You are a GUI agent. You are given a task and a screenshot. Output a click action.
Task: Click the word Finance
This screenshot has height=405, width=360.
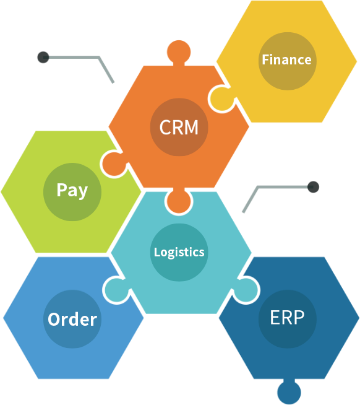(286, 59)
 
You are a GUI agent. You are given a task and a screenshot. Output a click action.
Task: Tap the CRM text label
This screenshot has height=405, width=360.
(179, 127)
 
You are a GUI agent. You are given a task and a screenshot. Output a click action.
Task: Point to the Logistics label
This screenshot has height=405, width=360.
(179, 252)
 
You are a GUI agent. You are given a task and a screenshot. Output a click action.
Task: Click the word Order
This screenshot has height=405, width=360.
(72, 320)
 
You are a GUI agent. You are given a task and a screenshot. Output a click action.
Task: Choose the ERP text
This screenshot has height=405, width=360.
(287, 318)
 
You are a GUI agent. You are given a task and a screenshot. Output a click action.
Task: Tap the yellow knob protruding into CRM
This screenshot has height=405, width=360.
(221, 99)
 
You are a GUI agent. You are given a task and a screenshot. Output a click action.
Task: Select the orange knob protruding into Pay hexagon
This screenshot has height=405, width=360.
(114, 163)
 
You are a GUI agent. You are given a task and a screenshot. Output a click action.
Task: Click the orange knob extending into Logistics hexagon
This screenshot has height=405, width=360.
(179, 201)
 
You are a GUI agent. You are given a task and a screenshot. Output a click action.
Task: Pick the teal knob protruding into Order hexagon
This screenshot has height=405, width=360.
(117, 290)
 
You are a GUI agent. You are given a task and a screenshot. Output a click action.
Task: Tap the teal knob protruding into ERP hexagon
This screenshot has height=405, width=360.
(246, 290)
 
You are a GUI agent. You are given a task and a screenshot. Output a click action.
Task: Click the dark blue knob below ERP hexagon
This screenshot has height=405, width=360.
(289, 391)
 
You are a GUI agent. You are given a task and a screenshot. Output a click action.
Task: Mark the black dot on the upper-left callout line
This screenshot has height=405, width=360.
(43, 57)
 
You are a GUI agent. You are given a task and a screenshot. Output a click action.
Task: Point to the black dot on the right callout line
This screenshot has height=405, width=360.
(313, 187)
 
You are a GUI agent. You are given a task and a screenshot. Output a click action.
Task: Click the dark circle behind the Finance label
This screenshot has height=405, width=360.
(287, 61)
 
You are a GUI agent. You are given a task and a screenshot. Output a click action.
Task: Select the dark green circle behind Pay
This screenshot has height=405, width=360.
(72, 192)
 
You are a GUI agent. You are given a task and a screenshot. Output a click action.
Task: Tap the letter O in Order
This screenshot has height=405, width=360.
(54, 320)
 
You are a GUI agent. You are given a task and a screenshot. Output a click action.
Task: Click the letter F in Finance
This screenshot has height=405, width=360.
(265, 59)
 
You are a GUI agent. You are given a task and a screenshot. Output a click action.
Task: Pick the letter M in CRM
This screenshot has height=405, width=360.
(191, 127)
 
